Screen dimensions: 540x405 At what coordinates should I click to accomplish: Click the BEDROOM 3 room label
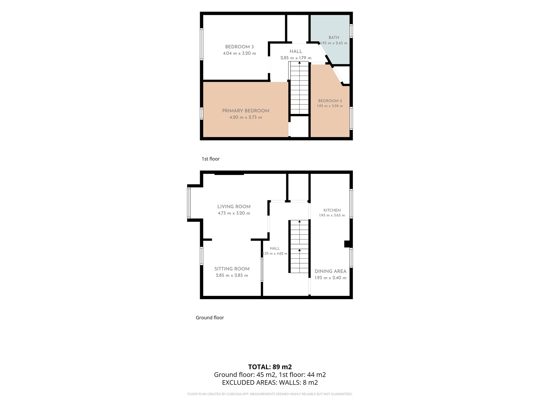[239, 47]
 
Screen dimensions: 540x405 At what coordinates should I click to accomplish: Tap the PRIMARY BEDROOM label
[246, 111]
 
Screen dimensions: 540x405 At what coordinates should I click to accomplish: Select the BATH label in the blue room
[334, 38]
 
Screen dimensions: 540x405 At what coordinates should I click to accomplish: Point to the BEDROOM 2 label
[330, 101]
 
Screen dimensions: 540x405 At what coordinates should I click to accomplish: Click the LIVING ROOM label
[234, 207]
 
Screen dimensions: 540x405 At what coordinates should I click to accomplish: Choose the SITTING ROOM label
[232, 269]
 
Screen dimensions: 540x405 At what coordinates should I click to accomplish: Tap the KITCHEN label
[332, 210]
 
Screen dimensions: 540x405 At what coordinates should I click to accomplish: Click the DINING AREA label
[330, 271]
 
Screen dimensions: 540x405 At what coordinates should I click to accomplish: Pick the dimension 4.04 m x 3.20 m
[239, 53]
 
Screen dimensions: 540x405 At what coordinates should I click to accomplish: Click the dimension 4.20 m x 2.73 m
[246, 117]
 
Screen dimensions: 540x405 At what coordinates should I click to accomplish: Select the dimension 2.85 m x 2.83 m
[232, 275]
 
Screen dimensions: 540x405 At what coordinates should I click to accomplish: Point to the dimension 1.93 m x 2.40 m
[330, 278]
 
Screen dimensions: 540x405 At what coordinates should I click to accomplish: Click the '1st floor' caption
[211, 159]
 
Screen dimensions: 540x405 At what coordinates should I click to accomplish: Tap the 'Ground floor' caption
[210, 318]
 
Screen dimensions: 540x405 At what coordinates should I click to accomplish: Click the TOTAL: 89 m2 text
[270, 367]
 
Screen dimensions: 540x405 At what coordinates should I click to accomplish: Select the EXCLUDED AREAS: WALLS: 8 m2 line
[270, 383]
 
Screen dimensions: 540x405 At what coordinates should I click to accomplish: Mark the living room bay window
[189, 203]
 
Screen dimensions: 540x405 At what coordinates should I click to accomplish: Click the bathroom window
[351, 31]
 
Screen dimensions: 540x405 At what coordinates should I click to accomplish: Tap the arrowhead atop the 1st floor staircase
[299, 63]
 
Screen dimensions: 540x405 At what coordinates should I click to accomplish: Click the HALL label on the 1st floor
[296, 51]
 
